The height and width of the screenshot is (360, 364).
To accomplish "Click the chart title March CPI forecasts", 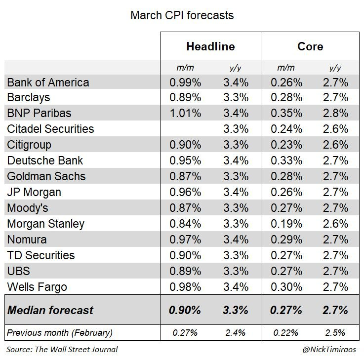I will click(x=182, y=15).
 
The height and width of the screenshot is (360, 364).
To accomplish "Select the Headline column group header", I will click(x=210, y=47).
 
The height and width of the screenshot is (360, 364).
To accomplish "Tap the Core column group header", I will click(x=310, y=47).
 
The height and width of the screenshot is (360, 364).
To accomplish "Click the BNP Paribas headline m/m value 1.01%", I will click(x=185, y=113).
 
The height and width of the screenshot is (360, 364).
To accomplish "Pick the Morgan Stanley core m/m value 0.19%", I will click(x=286, y=224).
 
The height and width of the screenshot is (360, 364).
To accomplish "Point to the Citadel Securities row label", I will click(x=50, y=129).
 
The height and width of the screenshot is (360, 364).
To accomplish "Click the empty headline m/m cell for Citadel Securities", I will click(x=185, y=129).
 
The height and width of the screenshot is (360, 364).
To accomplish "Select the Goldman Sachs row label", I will click(x=46, y=176).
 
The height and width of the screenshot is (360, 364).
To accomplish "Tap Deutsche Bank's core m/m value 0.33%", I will click(x=286, y=160).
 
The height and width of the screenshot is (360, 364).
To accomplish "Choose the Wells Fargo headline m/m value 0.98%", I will click(x=185, y=287).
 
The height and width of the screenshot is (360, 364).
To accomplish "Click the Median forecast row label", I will click(x=50, y=311).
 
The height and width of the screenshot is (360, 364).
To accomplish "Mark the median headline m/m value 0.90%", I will click(x=185, y=311).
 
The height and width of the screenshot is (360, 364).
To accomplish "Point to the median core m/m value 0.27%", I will click(x=286, y=311).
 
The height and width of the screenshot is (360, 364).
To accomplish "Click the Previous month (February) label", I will click(x=60, y=333).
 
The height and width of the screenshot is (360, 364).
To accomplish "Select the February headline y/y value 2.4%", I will click(x=235, y=333).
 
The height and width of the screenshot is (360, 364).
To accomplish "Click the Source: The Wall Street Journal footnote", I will click(x=62, y=350).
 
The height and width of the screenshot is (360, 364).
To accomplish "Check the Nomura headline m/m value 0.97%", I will click(x=185, y=240).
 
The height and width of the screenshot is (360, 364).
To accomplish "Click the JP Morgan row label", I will click(x=35, y=192).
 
